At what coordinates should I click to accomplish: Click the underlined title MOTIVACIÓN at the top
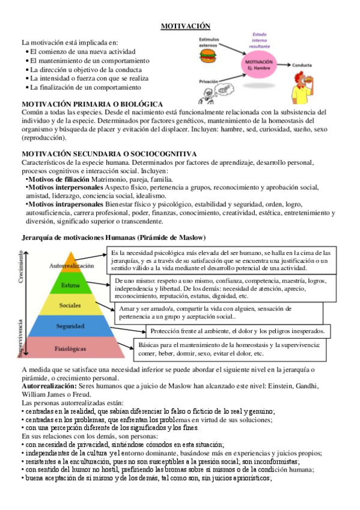(x=185, y=26)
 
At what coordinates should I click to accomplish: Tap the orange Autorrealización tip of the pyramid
(x=72, y=265)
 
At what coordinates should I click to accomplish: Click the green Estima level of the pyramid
(x=72, y=284)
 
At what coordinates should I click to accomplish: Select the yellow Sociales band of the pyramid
(x=71, y=305)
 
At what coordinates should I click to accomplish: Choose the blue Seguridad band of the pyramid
(x=71, y=327)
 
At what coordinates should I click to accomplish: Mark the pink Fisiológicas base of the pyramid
(x=71, y=348)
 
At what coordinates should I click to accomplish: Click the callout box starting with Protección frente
(x=237, y=331)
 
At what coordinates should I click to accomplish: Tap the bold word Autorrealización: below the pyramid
(x=49, y=385)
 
